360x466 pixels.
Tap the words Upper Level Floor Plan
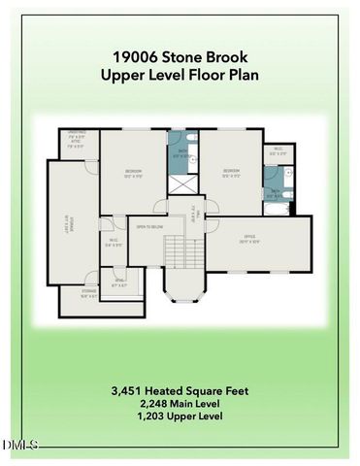click(180, 75)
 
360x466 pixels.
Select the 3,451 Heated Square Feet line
click(180, 391)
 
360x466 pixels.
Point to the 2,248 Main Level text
click(180, 404)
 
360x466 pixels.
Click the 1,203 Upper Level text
click(180, 416)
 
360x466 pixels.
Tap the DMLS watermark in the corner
click(19, 445)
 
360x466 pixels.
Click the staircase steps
click(175, 254)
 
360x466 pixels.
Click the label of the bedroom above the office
click(231, 175)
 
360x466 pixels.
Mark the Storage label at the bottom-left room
click(88, 293)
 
